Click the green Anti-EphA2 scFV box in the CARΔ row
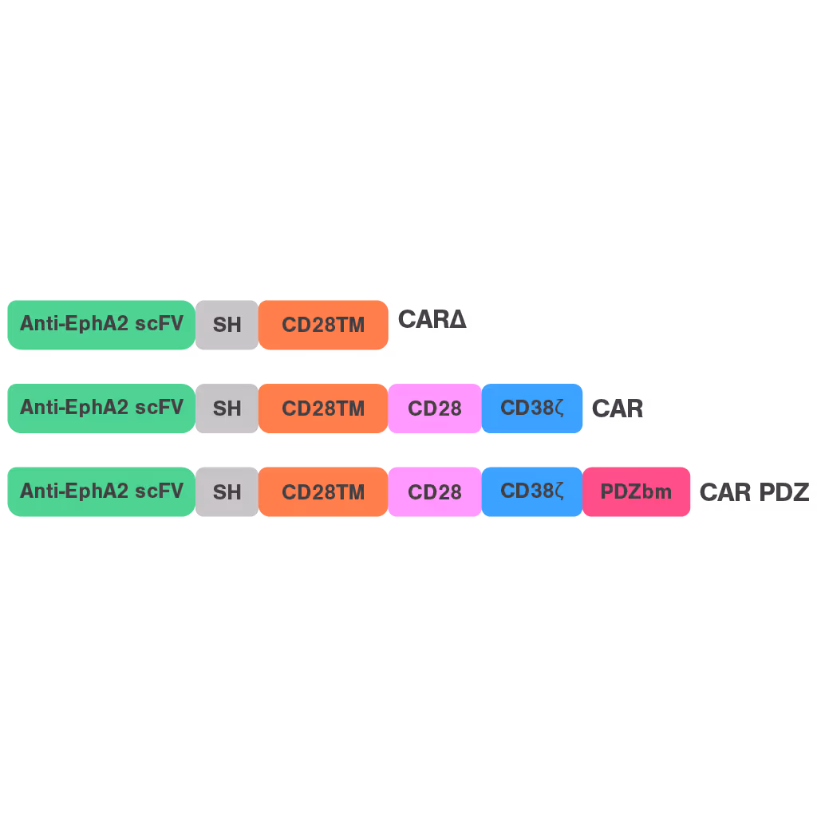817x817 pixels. click(x=101, y=325)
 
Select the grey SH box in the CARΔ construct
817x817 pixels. click(x=227, y=325)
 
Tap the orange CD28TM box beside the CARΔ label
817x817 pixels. click(x=323, y=325)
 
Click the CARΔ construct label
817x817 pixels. click(x=432, y=320)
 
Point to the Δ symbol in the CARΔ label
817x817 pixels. click(x=458, y=320)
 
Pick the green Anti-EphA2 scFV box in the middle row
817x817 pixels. click(x=101, y=408)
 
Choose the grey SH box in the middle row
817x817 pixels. click(x=227, y=408)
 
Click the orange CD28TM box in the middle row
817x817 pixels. click(x=323, y=408)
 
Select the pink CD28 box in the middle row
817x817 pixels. click(x=435, y=408)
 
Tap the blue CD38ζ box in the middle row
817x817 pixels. click(x=532, y=408)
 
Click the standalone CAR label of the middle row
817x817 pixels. click(x=618, y=409)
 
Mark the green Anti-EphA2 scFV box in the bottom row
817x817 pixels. click(x=101, y=491)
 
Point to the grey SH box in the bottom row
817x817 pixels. click(x=227, y=492)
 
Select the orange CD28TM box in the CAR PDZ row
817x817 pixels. click(x=323, y=492)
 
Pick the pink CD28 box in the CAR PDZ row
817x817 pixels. click(x=435, y=492)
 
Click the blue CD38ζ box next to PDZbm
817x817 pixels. click(x=532, y=491)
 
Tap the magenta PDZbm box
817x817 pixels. click(x=636, y=492)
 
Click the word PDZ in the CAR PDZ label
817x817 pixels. click(x=783, y=492)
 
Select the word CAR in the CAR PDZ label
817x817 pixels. click(x=725, y=492)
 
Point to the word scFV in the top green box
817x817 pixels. click(x=160, y=324)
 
